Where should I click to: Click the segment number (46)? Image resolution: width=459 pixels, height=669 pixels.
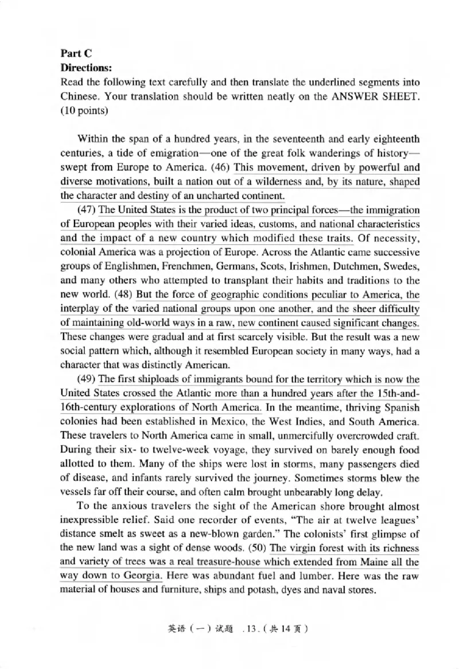pyautogui.click(x=225, y=168)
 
